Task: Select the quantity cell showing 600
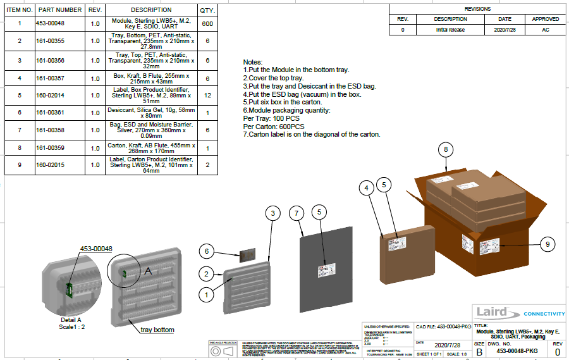pyautogui.click(x=207, y=23)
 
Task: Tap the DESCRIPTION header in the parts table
pyautogui.click(x=151, y=10)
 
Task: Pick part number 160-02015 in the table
pyautogui.click(x=60, y=165)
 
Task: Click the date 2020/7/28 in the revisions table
pyautogui.click(x=505, y=30)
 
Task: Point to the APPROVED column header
pyautogui.click(x=545, y=19)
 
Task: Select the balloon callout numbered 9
pyautogui.click(x=548, y=244)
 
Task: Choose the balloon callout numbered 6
pyautogui.click(x=206, y=251)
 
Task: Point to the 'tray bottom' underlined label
pyautogui.click(x=157, y=330)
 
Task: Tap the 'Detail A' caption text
pyautogui.click(x=71, y=320)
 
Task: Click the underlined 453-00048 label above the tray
pyautogui.click(x=95, y=249)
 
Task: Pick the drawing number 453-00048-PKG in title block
pyautogui.click(x=517, y=351)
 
